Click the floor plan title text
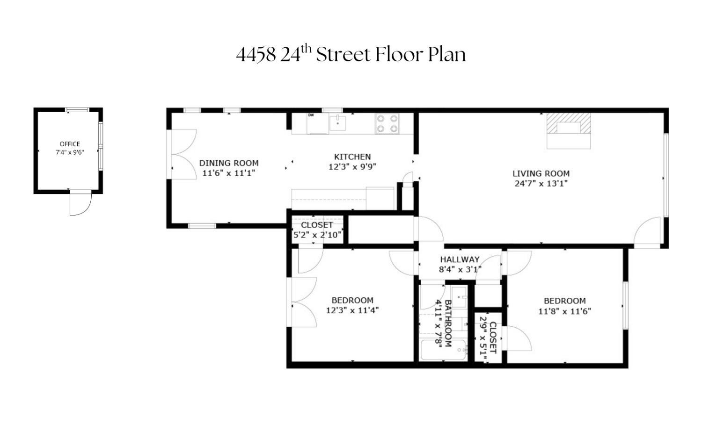coord(351,54)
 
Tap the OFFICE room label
coord(70,144)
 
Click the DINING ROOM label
coord(229,163)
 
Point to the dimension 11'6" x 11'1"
coord(229,173)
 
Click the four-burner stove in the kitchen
coord(387,124)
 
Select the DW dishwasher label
coord(310,115)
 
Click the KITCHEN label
coord(352,157)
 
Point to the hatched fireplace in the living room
coord(569,124)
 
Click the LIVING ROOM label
coord(541,173)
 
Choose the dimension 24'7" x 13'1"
coord(541,183)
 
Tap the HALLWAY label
coord(460,259)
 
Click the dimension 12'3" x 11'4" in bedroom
coord(352,310)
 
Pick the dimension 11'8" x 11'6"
coord(564,311)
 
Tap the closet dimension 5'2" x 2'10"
coord(317,235)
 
